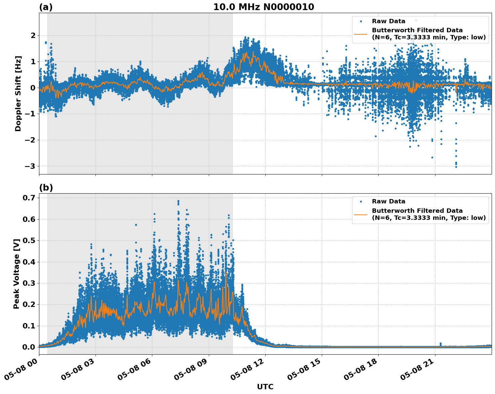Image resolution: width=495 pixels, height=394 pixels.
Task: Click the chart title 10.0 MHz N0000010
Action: [263, 7]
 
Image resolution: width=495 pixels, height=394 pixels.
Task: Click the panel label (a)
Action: [46, 7]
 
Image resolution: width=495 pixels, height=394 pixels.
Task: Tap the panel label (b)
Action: [46, 188]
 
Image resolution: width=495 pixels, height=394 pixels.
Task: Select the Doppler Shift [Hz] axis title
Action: [18, 93]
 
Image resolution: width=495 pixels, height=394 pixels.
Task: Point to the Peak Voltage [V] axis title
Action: [16, 274]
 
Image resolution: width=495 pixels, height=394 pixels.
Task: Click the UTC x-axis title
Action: [265, 387]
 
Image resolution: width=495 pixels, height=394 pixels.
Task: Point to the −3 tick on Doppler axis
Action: [31, 166]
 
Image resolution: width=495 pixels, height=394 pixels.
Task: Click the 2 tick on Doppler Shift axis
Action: [33, 35]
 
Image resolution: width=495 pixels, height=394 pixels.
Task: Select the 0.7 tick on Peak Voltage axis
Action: [29, 198]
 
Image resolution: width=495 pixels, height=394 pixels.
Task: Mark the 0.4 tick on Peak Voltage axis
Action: [29, 262]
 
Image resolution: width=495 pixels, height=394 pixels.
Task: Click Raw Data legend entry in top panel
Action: [388, 21]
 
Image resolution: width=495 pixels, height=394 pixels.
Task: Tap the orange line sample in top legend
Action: [360, 34]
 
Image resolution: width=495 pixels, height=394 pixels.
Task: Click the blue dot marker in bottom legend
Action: [361, 202]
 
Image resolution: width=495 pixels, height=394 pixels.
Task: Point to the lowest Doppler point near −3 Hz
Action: [456, 167]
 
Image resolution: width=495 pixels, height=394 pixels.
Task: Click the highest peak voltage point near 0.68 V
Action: [178, 201]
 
